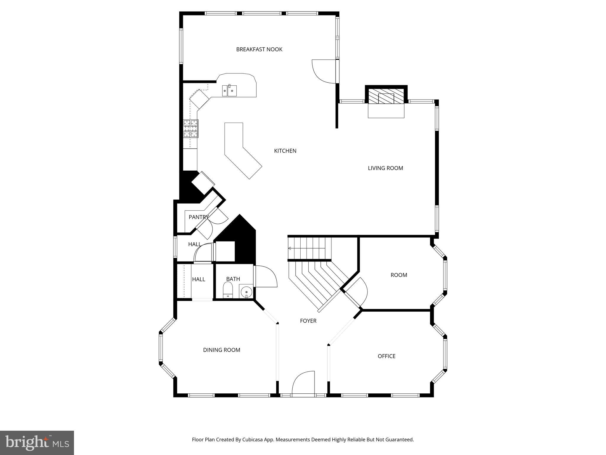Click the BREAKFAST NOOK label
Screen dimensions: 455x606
259,49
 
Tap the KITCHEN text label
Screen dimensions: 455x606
285,151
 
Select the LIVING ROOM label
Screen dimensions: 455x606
385,168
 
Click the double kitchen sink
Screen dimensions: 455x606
230,90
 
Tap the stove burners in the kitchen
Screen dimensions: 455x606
191,129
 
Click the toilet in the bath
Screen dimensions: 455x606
228,290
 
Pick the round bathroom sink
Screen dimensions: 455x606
246,291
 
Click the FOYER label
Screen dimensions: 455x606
308,321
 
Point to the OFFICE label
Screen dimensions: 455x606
386,356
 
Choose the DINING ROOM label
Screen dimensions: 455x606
221,350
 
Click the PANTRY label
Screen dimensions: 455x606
199,217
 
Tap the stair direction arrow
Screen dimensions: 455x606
290,248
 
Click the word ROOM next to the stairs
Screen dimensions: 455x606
399,275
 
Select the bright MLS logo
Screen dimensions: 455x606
37,443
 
